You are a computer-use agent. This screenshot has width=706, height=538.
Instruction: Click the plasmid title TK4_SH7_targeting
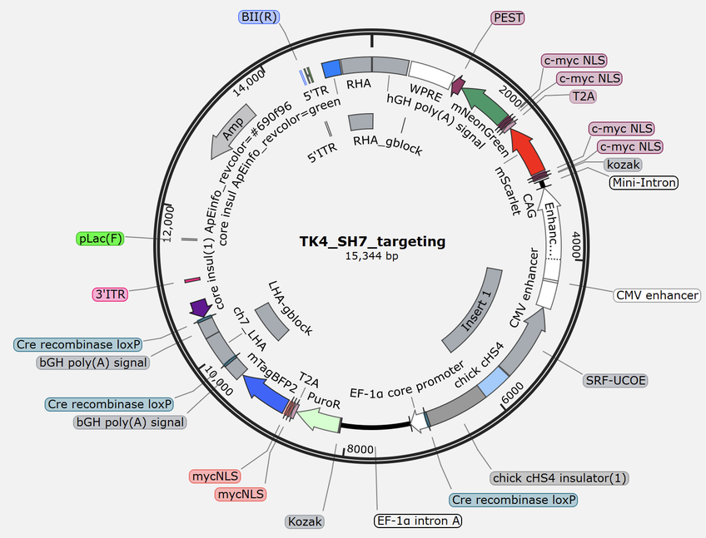[372, 242]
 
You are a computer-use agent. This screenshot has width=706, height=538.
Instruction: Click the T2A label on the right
[587, 96]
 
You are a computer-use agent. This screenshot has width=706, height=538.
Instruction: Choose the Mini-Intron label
[644, 182]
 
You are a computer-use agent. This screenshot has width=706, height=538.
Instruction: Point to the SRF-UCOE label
[615, 380]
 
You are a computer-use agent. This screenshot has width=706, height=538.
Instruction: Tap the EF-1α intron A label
[417, 521]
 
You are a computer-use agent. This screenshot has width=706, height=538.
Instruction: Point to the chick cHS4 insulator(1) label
[559, 478]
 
